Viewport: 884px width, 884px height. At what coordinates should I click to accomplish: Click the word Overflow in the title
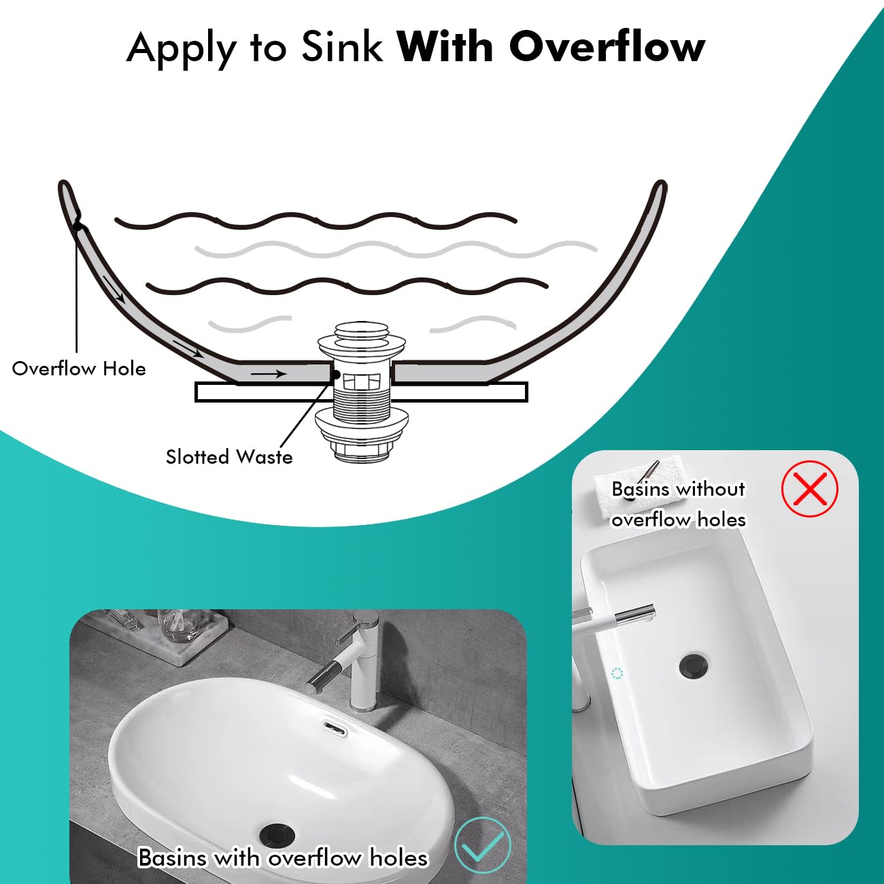coord(607,47)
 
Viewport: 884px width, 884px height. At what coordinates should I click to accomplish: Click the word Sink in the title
coord(342,47)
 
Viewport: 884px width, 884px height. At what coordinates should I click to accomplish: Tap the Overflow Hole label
coord(79,369)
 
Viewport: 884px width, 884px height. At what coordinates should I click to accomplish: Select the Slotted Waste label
coord(229,457)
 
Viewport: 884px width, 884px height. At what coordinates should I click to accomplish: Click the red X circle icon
coord(810,488)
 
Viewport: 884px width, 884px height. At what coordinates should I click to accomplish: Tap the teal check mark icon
coord(483,845)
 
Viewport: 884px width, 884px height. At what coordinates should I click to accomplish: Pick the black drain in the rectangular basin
coord(693,665)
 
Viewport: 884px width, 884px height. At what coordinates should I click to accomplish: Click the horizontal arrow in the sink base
coord(269,374)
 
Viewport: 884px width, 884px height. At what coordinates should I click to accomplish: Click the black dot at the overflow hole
coord(78,226)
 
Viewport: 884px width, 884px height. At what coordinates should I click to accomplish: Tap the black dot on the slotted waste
coord(336,375)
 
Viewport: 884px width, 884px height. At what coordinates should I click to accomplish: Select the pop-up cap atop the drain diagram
coord(362,331)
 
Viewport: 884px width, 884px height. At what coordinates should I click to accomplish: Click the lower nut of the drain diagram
coord(362,452)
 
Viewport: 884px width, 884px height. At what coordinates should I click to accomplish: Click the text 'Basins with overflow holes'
coord(283,857)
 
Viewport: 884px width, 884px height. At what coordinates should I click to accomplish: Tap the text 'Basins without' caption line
coord(678,489)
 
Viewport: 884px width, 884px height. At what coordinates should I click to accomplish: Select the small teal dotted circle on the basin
coord(617,673)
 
